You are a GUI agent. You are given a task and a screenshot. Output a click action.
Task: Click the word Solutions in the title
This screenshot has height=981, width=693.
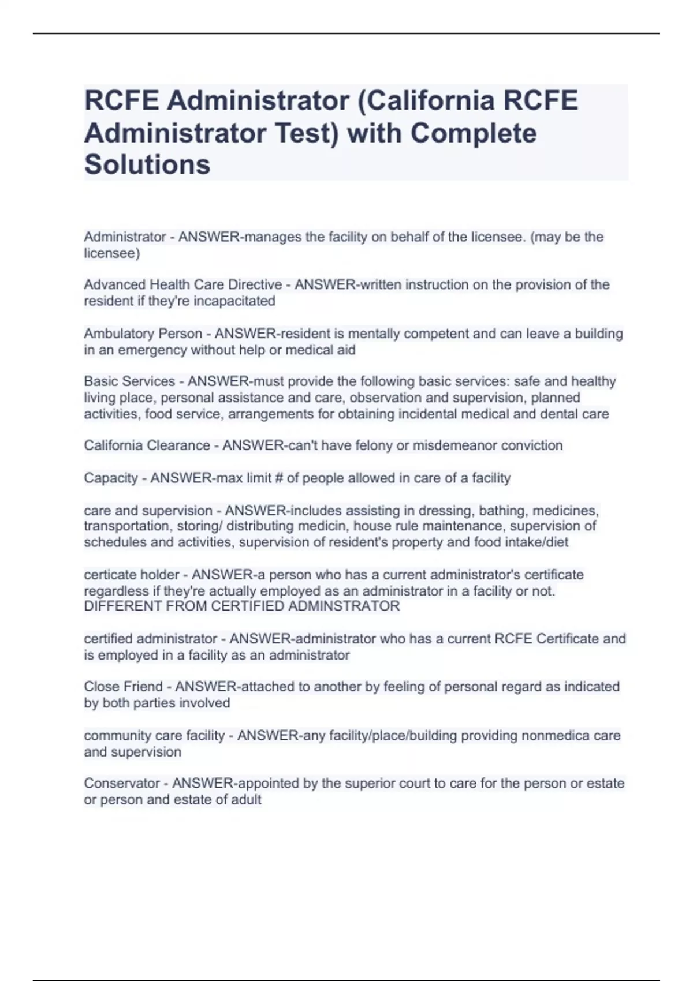coord(147,164)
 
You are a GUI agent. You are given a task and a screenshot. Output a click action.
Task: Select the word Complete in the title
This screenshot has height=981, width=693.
coord(474,133)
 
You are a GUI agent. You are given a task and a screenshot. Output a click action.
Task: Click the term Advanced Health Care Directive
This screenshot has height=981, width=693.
coord(182,284)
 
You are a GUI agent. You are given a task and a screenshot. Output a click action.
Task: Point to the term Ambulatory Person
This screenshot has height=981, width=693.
coord(143,334)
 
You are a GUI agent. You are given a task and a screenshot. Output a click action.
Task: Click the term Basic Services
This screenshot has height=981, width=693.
coord(129,381)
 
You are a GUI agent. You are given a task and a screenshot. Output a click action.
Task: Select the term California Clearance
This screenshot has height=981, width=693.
coord(147,445)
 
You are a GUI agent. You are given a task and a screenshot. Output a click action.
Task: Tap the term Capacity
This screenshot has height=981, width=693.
coord(111,478)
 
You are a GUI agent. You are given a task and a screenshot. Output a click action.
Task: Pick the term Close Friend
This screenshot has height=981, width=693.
coord(123,687)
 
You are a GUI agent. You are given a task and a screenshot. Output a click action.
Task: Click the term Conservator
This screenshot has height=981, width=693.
coord(122,783)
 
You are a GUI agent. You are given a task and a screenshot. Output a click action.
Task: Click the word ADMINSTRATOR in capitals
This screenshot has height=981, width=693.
coord(344,606)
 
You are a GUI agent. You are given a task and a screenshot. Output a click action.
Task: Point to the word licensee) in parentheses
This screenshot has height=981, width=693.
coord(112,253)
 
